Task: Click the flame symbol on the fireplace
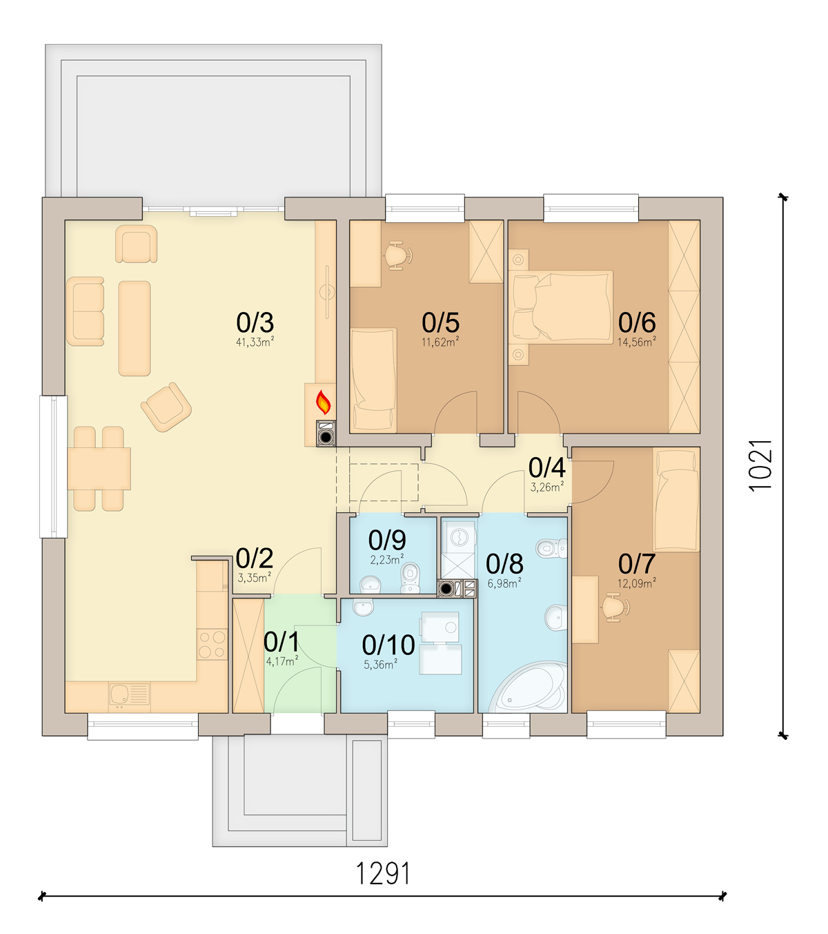[x=323, y=402]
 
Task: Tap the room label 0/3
[x=255, y=322]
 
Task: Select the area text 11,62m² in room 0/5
[x=440, y=342]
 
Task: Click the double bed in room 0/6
[x=562, y=307]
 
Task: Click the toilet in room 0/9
[x=411, y=578]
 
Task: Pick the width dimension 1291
[x=383, y=874]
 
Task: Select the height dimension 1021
[x=761, y=465]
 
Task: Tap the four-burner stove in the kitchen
[x=212, y=645]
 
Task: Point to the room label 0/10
[x=388, y=645]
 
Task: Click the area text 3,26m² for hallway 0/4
[x=546, y=487]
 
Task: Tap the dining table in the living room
[x=99, y=469]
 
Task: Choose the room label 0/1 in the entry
[x=282, y=642]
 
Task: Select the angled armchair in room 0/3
[x=166, y=407]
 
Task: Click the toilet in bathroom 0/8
[x=551, y=549]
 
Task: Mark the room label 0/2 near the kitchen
[x=254, y=558]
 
